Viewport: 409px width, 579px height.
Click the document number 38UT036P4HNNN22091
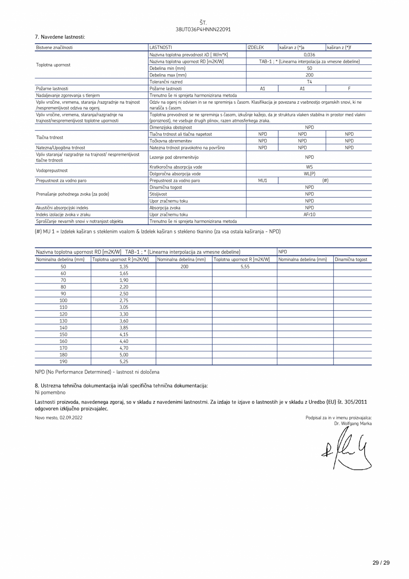tap(203, 29)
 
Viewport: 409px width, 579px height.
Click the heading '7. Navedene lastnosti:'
tap(60, 37)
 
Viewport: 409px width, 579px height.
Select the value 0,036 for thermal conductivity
tap(309, 55)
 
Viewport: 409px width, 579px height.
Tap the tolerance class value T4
tap(309, 82)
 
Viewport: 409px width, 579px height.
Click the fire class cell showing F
tap(349, 89)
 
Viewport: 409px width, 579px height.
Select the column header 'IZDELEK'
tap(256, 47)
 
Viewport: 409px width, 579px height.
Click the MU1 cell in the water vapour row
tap(262, 181)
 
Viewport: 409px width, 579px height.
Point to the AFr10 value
tap(309, 215)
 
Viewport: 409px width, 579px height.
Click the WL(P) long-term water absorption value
tap(309, 174)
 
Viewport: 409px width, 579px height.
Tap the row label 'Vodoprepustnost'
tap(52, 170)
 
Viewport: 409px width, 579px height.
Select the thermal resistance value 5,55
tap(245, 267)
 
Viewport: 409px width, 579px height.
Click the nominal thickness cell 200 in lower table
tap(184, 267)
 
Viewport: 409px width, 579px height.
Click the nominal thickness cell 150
tap(63, 334)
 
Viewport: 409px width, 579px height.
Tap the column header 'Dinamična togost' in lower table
tap(351, 259)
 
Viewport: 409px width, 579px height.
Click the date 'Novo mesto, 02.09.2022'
tap(59, 417)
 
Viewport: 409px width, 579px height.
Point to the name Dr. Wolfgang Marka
tap(353, 424)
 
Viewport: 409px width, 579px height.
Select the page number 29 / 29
tap(381, 563)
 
